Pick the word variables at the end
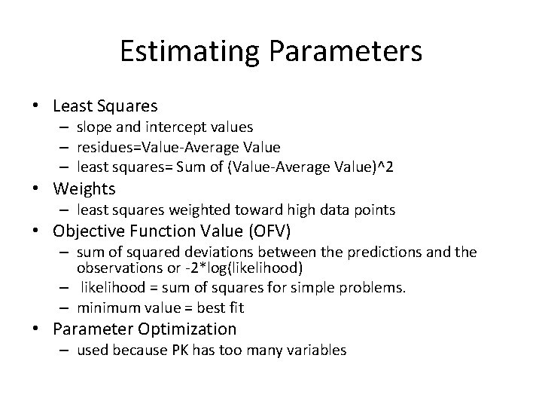click(x=319, y=350)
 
